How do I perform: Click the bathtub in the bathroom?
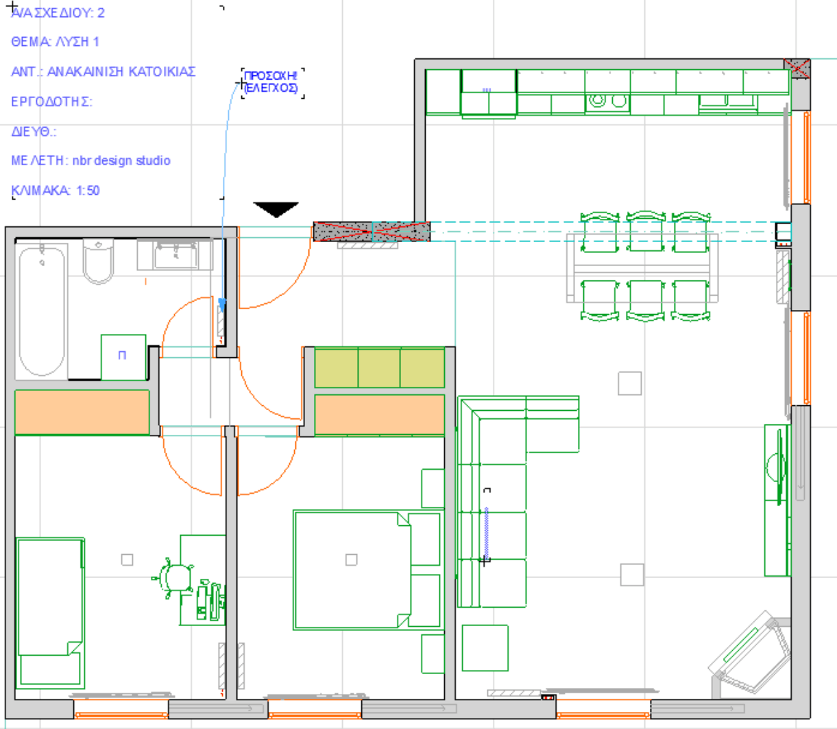pos(41,311)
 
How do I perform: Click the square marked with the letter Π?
pos(123,357)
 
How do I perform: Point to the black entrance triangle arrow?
pos(276,208)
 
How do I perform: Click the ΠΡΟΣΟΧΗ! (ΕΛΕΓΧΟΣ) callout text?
pos(270,82)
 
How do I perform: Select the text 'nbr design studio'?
pos(121,160)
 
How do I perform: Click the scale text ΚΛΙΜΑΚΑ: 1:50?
pos(56,191)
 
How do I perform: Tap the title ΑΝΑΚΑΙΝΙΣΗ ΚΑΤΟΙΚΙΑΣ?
pos(121,71)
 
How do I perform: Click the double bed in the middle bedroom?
pos(367,570)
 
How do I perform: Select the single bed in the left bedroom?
pos(50,613)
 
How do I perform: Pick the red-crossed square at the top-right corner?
pos(797,69)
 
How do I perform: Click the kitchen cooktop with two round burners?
pos(608,101)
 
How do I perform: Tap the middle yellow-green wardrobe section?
pos(379,367)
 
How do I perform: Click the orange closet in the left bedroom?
pos(82,412)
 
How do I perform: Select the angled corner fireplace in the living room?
pos(750,653)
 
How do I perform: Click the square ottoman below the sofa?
pos(485,648)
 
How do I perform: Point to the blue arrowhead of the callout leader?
pos(222,305)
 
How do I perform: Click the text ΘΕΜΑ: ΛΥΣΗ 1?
pos(56,42)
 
